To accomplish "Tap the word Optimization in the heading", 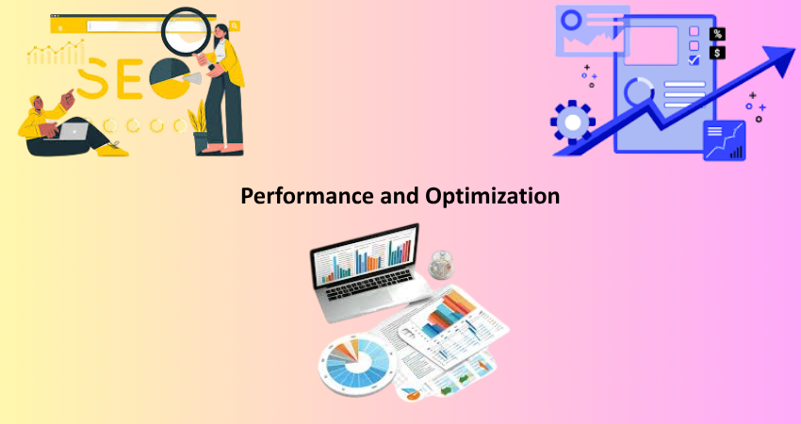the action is click(493, 196).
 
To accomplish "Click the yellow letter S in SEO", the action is click(92, 78).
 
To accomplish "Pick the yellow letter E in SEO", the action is click(129, 78).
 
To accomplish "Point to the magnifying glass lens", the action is click(186, 31).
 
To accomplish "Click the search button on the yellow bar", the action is click(235, 25).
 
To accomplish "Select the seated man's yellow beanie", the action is click(34, 100).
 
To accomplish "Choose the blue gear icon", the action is click(573, 122).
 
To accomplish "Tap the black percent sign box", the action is click(718, 34).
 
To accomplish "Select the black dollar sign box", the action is click(718, 52).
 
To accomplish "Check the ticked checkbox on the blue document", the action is click(694, 59).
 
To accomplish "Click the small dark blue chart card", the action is click(725, 140).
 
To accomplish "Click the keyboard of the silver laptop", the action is click(368, 285).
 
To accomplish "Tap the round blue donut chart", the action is click(357, 363).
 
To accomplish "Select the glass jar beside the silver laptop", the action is click(441, 264).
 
